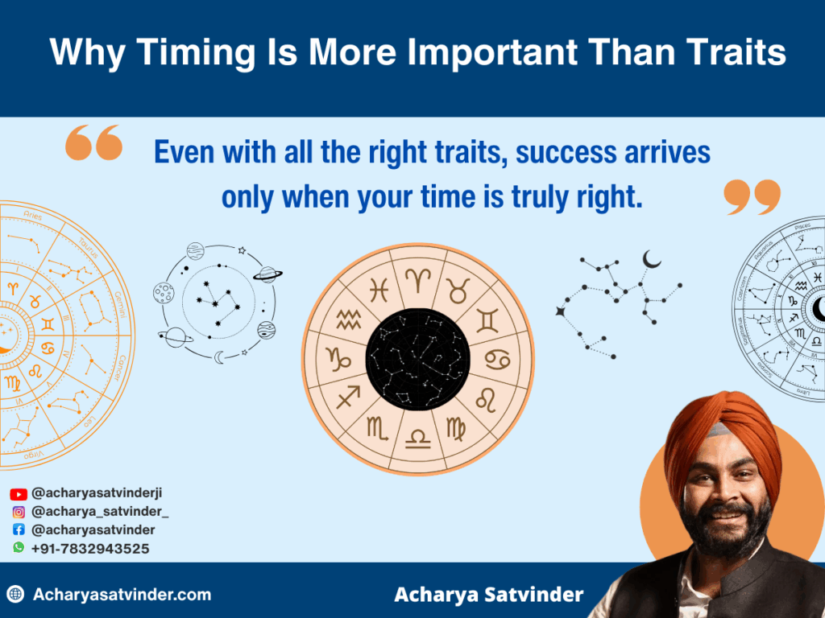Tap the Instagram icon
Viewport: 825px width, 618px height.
click(x=19, y=512)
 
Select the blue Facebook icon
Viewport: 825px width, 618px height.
click(x=19, y=529)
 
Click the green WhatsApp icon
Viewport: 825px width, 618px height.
click(x=19, y=547)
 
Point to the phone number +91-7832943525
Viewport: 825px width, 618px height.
click(x=90, y=548)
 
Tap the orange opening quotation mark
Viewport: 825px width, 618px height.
click(x=93, y=142)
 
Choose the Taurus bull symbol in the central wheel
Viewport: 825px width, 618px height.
click(x=460, y=289)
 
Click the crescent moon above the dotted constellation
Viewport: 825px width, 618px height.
click(x=652, y=259)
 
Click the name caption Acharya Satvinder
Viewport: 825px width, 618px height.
click(x=489, y=595)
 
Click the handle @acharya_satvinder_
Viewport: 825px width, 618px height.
click(x=100, y=512)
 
